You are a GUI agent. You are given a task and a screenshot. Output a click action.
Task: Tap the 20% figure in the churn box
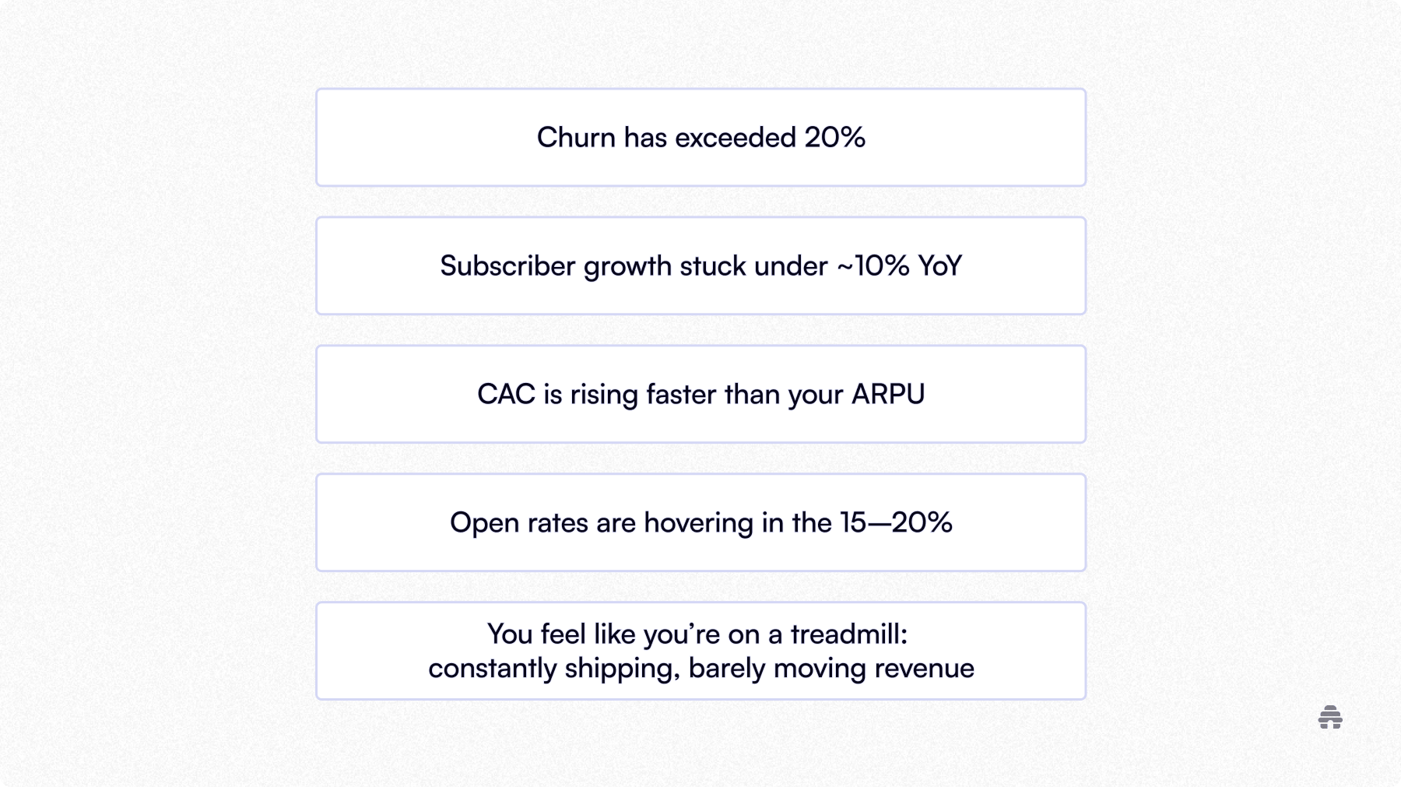tap(834, 138)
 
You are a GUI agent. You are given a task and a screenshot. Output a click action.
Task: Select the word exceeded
tap(736, 138)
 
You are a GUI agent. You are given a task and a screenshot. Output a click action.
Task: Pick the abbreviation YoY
tap(939, 266)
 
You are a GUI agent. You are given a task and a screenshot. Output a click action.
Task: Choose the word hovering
tap(698, 523)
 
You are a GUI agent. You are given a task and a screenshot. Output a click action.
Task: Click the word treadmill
tap(848, 634)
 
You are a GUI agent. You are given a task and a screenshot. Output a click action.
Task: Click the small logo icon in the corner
tap(1330, 718)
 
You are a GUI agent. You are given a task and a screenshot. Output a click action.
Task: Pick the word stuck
tap(713, 266)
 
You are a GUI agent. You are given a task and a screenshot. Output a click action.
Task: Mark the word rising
tap(603, 395)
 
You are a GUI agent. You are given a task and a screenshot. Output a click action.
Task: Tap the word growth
tap(627, 266)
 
